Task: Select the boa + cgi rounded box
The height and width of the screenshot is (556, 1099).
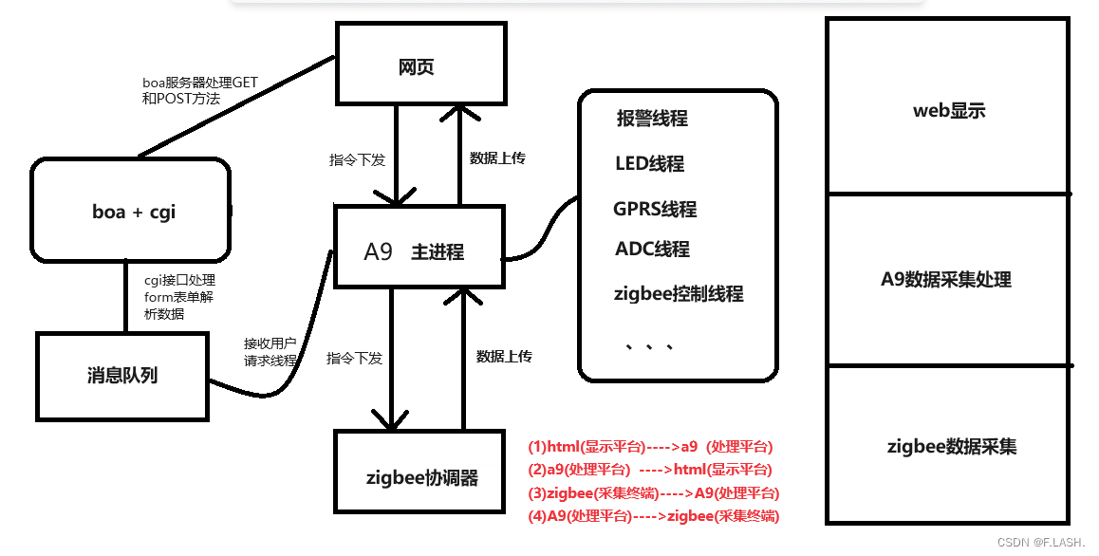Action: tap(133, 212)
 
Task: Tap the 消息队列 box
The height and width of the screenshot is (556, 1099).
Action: tap(121, 375)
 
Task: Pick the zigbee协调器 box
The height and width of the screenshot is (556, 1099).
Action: tap(421, 477)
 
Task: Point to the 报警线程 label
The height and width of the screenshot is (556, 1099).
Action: tap(652, 119)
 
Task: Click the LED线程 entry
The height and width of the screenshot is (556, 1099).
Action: tap(649, 163)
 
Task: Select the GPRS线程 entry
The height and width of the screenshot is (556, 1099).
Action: tap(655, 209)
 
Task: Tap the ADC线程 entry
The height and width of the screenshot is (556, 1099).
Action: tap(652, 250)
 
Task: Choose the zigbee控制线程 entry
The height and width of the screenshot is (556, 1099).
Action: tap(679, 294)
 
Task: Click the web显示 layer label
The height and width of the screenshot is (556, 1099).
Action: tap(948, 110)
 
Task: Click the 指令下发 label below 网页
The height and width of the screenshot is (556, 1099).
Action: tap(357, 160)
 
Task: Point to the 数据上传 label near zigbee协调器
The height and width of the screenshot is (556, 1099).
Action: tap(504, 357)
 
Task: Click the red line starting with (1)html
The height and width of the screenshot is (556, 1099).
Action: tap(650, 447)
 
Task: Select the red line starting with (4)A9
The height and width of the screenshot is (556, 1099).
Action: tap(653, 516)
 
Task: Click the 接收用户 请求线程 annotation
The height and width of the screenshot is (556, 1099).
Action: tap(270, 352)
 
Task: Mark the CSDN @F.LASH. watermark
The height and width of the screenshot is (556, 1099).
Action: tap(1042, 541)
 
